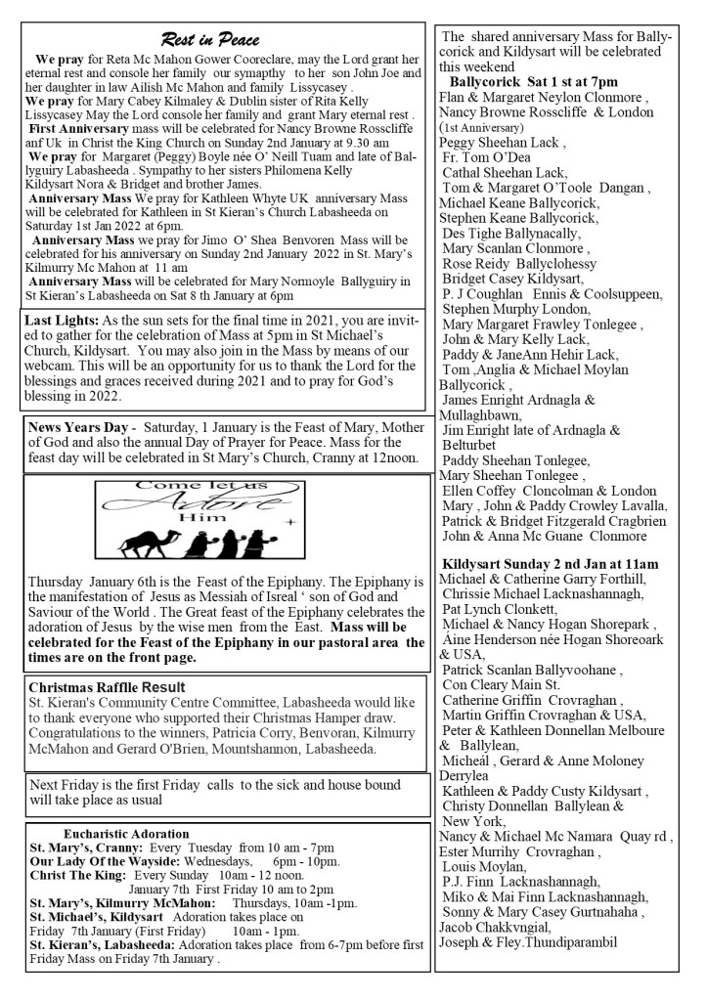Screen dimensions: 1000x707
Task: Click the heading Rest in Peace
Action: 210,39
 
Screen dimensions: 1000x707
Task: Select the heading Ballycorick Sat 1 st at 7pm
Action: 533,81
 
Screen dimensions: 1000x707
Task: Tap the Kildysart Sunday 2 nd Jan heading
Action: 551,564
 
